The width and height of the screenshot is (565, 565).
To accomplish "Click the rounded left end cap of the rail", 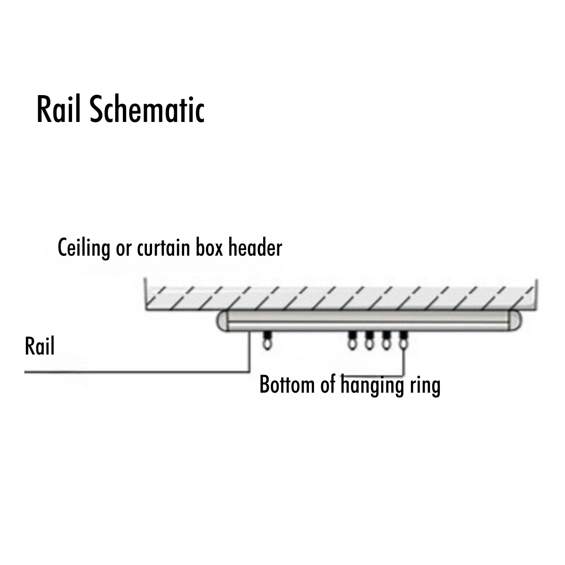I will coord(222,321).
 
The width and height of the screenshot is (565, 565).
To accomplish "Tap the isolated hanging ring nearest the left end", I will coord(267,344).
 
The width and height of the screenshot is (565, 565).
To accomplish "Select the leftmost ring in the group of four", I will coord(352,344).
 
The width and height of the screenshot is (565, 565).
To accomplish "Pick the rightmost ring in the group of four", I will coord(403,344).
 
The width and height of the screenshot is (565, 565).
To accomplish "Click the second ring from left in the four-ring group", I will coord(369,344).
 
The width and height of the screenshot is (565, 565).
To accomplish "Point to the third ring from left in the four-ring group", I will coord(386,344).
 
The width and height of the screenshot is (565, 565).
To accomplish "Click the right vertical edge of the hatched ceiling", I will coord(538,294).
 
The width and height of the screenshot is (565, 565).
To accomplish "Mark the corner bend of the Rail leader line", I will coord(249,372).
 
